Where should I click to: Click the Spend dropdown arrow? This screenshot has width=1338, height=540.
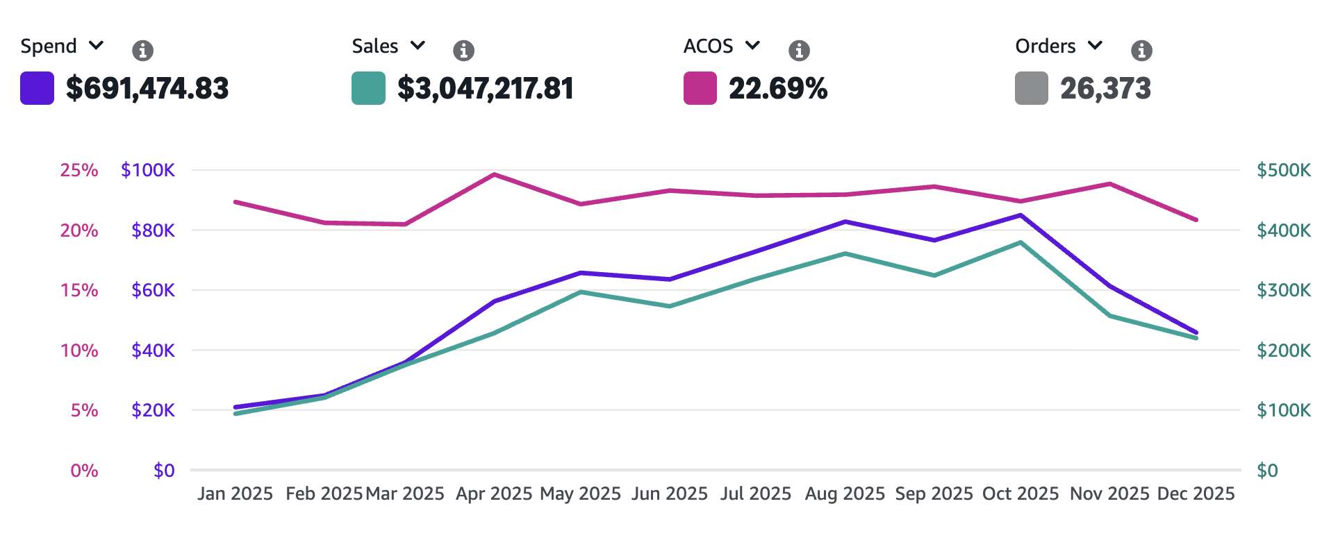(97, 46)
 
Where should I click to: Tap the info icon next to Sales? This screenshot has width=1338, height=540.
(463, 50)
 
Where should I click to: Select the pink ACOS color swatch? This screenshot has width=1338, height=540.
(700, 88)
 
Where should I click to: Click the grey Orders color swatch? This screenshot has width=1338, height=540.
(1031, 88)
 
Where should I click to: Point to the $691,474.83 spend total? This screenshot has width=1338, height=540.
(147, 88)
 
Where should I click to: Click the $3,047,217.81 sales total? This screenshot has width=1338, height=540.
(485, 88)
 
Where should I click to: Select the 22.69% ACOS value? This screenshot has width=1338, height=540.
(777, 88)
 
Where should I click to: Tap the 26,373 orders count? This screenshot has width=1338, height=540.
(1105, 88)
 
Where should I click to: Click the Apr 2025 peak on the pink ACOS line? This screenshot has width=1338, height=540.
(494, 175)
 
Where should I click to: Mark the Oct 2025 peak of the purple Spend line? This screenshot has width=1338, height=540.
(1021, 215)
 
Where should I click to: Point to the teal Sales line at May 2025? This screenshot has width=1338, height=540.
(581, 292)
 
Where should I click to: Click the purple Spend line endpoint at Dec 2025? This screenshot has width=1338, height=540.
(1196, 332)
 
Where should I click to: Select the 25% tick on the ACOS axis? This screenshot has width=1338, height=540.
(79, 170)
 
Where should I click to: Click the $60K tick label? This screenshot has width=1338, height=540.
(153, 290)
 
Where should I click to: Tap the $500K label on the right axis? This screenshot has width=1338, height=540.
(1283, 170)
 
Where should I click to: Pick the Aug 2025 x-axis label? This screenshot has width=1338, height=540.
(845, 493)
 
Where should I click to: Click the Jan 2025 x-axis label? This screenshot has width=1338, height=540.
(235, 493)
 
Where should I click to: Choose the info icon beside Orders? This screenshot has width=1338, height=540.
(1141, 50)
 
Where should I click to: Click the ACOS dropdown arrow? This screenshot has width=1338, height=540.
(752, 46)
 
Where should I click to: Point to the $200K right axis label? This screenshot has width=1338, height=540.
(1283, 351)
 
